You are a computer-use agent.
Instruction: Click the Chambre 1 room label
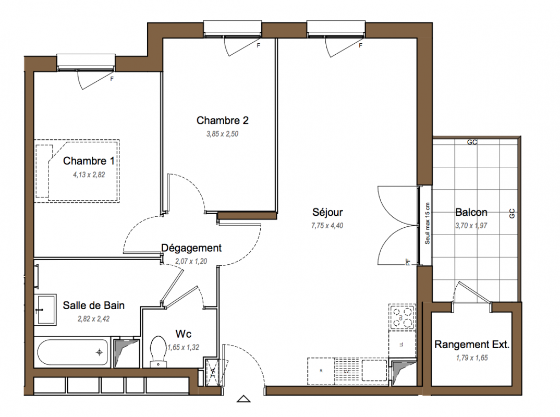pos(89,161)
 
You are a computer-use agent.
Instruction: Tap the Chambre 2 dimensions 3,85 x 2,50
pos(222,134)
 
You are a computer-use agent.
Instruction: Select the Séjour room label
pos(327,212)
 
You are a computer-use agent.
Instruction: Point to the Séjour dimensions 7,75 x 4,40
pos(327,226)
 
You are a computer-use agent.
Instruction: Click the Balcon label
pos(471,212)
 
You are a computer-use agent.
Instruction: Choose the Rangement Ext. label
pos(472,344)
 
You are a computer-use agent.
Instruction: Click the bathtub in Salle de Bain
pos(72,352)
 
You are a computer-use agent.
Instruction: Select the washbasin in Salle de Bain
pos(45,310)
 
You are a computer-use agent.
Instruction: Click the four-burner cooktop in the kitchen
pos(402,317)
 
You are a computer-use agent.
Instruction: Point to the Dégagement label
pos(191,248)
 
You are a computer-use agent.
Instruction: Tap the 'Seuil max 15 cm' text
pos(427,224)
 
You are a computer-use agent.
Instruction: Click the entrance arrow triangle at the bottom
pos(244,399)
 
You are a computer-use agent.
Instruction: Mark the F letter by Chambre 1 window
pos(112,79)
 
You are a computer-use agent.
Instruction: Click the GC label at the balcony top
pos(472,142)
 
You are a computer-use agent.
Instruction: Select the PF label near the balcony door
pos(408,262)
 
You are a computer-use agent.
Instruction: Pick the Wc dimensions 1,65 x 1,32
pos(183,347)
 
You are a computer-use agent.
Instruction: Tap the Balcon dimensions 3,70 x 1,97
pos(471,226)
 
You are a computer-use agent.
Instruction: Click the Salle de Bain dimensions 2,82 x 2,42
pos(93,319)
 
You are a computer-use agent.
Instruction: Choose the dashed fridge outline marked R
pos(321,371)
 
